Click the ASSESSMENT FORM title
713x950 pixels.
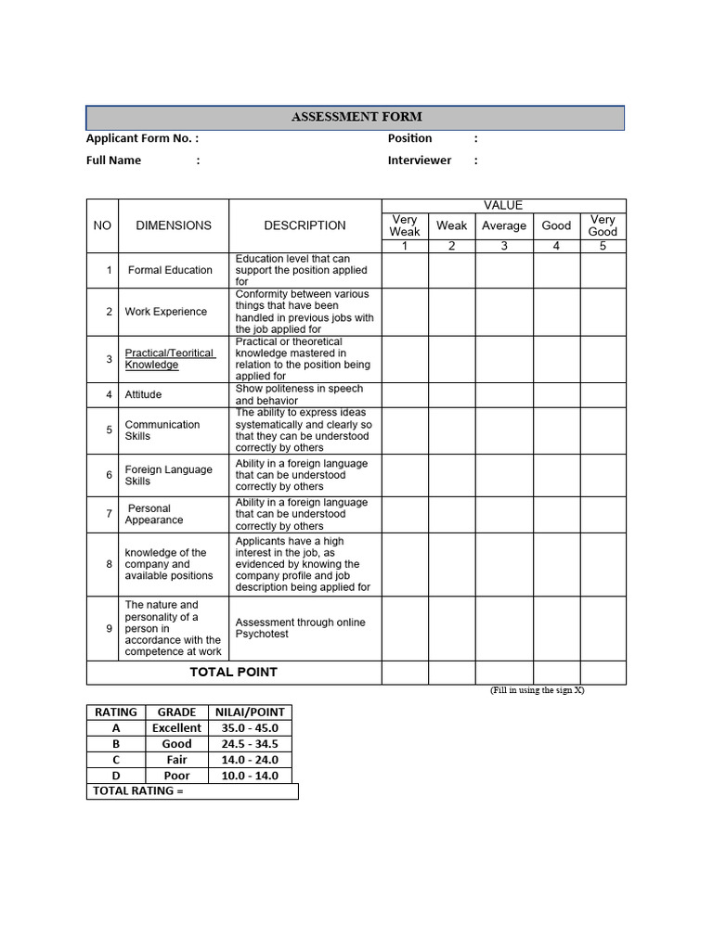click(x=356, y=117)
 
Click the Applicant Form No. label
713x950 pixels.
click(x=141, y=138)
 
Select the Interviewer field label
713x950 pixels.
click(x=420, y=160)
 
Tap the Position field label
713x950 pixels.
click(x=409, y=138)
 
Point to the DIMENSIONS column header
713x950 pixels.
click(x=174, y=225)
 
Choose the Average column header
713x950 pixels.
click(x=504, y=225)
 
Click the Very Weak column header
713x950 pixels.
click(x=405, y=225)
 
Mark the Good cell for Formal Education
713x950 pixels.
click(x=556, y=270)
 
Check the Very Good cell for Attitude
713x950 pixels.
click(x=603, y=394)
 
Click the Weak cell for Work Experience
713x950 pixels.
click(x=452, y=312)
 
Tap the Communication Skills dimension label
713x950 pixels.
click(x=162, y=430)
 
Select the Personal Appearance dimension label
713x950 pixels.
click(x=154, y=514)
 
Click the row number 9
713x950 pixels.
click(x=109, y=628)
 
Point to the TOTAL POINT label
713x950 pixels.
click(x=234, y=673)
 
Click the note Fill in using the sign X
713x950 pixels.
click(x=538, y=691)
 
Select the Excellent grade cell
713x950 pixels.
click(x=176, y=728)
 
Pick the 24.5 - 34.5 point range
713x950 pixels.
click(x=250, y=744)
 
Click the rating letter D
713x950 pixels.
click(x=116, y=776)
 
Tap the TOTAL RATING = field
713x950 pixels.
click(x=192, y=791)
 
